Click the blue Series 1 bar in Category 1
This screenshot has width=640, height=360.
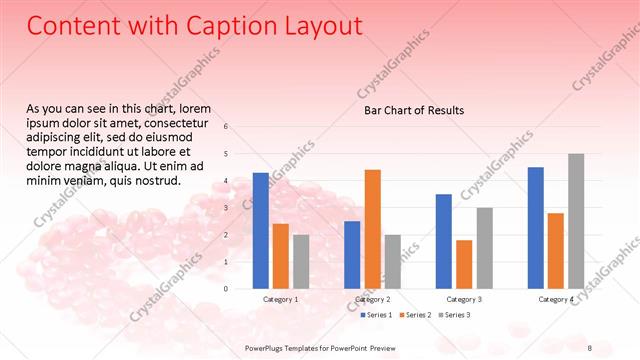pyautogui.click(x=261, y=231)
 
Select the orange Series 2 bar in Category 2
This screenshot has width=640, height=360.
pyautogui.click(x=372, y=229)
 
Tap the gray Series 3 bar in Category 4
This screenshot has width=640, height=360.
pyautogui.click(x=576, y=221)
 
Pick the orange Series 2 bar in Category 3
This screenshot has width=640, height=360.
pyautogui.click(x=464, y=264)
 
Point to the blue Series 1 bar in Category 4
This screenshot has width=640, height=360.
pyautogui.click(x=536, y=228)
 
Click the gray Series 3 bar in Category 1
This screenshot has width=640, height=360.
pyautogui.click(x=301, y=262)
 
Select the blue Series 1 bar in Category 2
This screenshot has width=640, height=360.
pyautogui.click(x=352, y=255)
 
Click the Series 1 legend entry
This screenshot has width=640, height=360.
pyautogui.click(x=376, y=315)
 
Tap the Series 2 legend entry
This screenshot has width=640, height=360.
pyautogui.click(x=416, y=315)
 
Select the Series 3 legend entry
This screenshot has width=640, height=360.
pyautogui.click(x=456, y=315)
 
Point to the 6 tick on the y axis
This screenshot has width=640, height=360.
pyautogui.click(x=227, y=127)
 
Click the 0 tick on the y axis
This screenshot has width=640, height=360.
pyautogui.click(x=227, y=289)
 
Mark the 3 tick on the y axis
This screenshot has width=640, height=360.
pyautogui.click(x=227, y=208)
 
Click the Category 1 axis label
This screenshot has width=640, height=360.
pyautogui.click(x=281, y=299)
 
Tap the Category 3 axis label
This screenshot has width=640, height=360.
pyautogui.click(x=464, y=299)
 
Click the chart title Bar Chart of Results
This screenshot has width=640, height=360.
pyautogui.click(x=413, y=110)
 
